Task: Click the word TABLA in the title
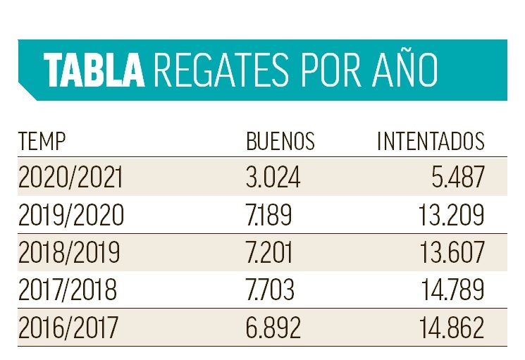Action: pos(92,70)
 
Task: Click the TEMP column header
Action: pos(42,142)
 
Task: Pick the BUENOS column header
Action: pos(280,142)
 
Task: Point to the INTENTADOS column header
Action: pos(431,142)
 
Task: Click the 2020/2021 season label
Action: pos(70,178)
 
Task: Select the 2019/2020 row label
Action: pos(70,215)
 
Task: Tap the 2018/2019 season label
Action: pos(70,252)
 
